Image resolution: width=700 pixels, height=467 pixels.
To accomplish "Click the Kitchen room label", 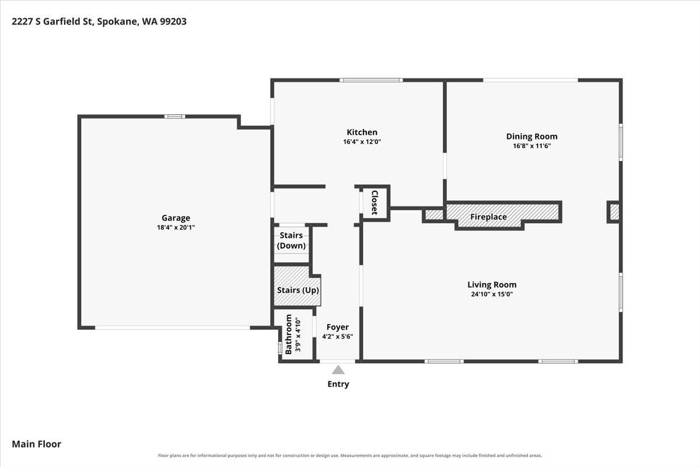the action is point(362,132).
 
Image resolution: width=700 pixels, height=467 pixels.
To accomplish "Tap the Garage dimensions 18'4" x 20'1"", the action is point(176,228).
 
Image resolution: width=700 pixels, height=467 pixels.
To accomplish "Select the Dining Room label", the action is point(531,137).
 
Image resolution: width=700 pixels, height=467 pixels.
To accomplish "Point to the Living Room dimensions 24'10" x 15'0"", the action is point(492,294).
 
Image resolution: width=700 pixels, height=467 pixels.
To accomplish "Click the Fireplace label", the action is point(488,217).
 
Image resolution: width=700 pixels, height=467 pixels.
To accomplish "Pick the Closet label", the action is point(374,203).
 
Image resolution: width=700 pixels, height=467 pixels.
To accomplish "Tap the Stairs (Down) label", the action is point(291,241).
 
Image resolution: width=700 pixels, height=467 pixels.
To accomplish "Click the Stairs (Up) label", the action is point(298,290).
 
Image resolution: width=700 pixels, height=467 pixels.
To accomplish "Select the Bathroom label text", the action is point(288,334).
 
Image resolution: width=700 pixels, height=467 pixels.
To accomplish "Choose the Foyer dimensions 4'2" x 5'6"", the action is point(338,337).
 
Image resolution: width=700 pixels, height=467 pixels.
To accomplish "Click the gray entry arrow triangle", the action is point(338,370).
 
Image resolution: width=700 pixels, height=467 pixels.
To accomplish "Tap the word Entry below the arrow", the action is point(338,384).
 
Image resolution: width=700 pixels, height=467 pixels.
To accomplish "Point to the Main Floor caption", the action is point(37,444).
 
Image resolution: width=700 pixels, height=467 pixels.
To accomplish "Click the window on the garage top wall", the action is point(174,117).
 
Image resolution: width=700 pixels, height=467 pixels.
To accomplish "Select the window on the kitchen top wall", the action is point(371,80).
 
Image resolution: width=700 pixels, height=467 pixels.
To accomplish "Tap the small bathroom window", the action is point(281,348).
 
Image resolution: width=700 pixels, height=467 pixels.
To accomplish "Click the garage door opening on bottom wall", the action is point(173,327).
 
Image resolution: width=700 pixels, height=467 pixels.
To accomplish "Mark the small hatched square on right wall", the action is point(614,212).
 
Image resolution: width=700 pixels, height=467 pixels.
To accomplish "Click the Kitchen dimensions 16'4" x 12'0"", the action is point(362,142).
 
